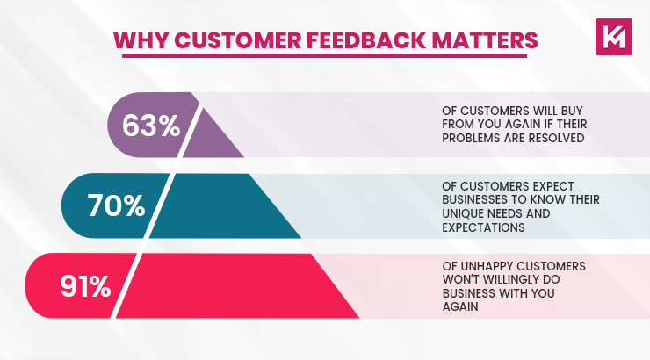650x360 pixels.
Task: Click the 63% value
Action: click(x=151, y=126)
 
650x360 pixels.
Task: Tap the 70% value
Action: click(x=116, y=205)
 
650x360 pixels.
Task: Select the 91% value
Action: click(x=85, y=286)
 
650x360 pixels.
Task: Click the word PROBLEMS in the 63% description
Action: click(x=471, y=138)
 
